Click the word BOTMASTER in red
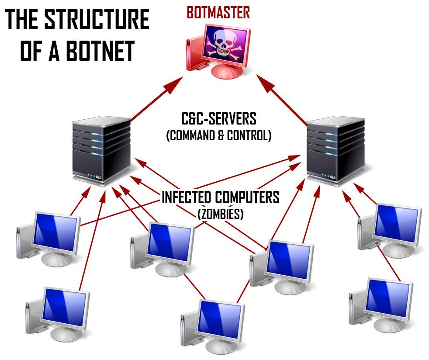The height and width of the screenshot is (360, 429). pyautogui.click(x=218, y=13)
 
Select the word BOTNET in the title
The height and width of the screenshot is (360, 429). pyautogui.click(x=100, y=51)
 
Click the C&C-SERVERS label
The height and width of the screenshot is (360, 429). pyautogui.click(x=219, y=119)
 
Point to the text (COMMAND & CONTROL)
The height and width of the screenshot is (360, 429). pyautogui.click(x=219, y=136)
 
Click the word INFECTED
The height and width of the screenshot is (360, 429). pyautogui.click(x=187, y=197)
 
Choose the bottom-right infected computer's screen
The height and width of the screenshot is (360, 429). pyautogui.click(x=387, y=297)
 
